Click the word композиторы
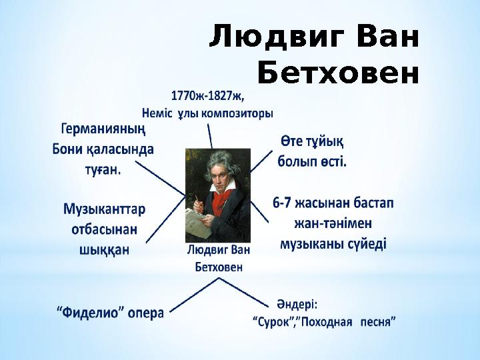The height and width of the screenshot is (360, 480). [x=236, y=113]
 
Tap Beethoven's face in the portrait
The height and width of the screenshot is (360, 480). [x=218, y=175]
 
